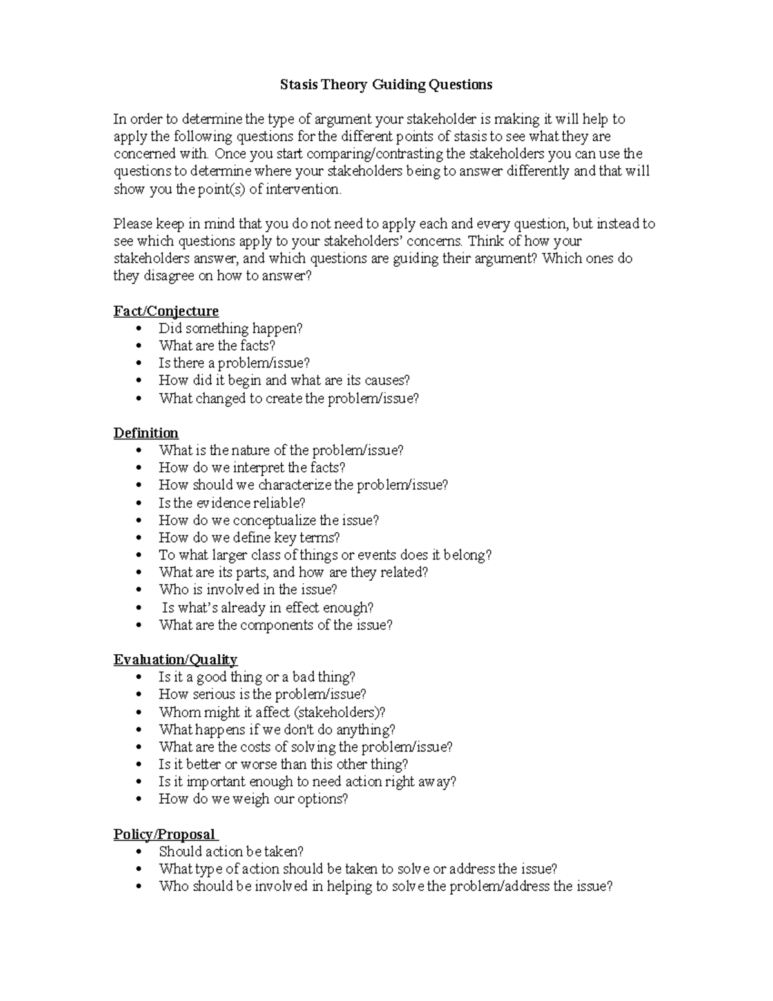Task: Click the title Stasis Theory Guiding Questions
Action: click(386, 84)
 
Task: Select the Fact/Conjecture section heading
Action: click(166, 311)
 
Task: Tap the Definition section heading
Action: click(146, 433)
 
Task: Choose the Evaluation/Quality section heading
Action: click(175, 659)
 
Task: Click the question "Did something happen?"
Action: click(231, 329)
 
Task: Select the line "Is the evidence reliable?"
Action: click(232, 503)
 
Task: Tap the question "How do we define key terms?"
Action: click(249, 538)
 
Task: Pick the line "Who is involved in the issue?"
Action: click(248, 590)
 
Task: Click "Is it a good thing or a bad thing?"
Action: click(257, 677)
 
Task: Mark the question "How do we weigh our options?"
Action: click(253, 799)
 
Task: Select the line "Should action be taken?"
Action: click(231, 851)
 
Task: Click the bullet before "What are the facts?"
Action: click(139, 346)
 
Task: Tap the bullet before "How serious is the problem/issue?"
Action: click(139, 695)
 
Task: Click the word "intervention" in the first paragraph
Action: click(301, 190)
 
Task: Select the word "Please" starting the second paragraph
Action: click(133, 224)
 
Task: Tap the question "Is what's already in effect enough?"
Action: click(268, 608)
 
